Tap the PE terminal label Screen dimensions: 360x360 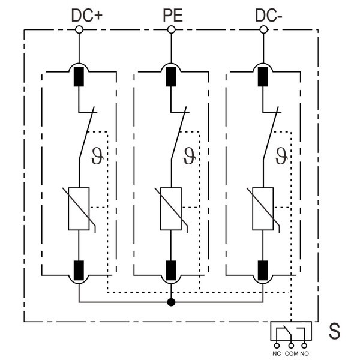click(172, 14)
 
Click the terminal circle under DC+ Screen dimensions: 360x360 click(79, 29)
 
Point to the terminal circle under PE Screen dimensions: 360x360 click(172, 29)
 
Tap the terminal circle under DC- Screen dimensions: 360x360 click(263, 29)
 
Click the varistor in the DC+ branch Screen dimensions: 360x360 click(79, 209)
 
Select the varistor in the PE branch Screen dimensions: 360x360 click(172, 209)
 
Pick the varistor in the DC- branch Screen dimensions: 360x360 click(263, 209)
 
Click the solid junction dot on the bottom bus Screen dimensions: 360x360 click(172, 301)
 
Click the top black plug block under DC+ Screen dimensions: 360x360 click(79, 77)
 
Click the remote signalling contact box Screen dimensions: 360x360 click(291, 331)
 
